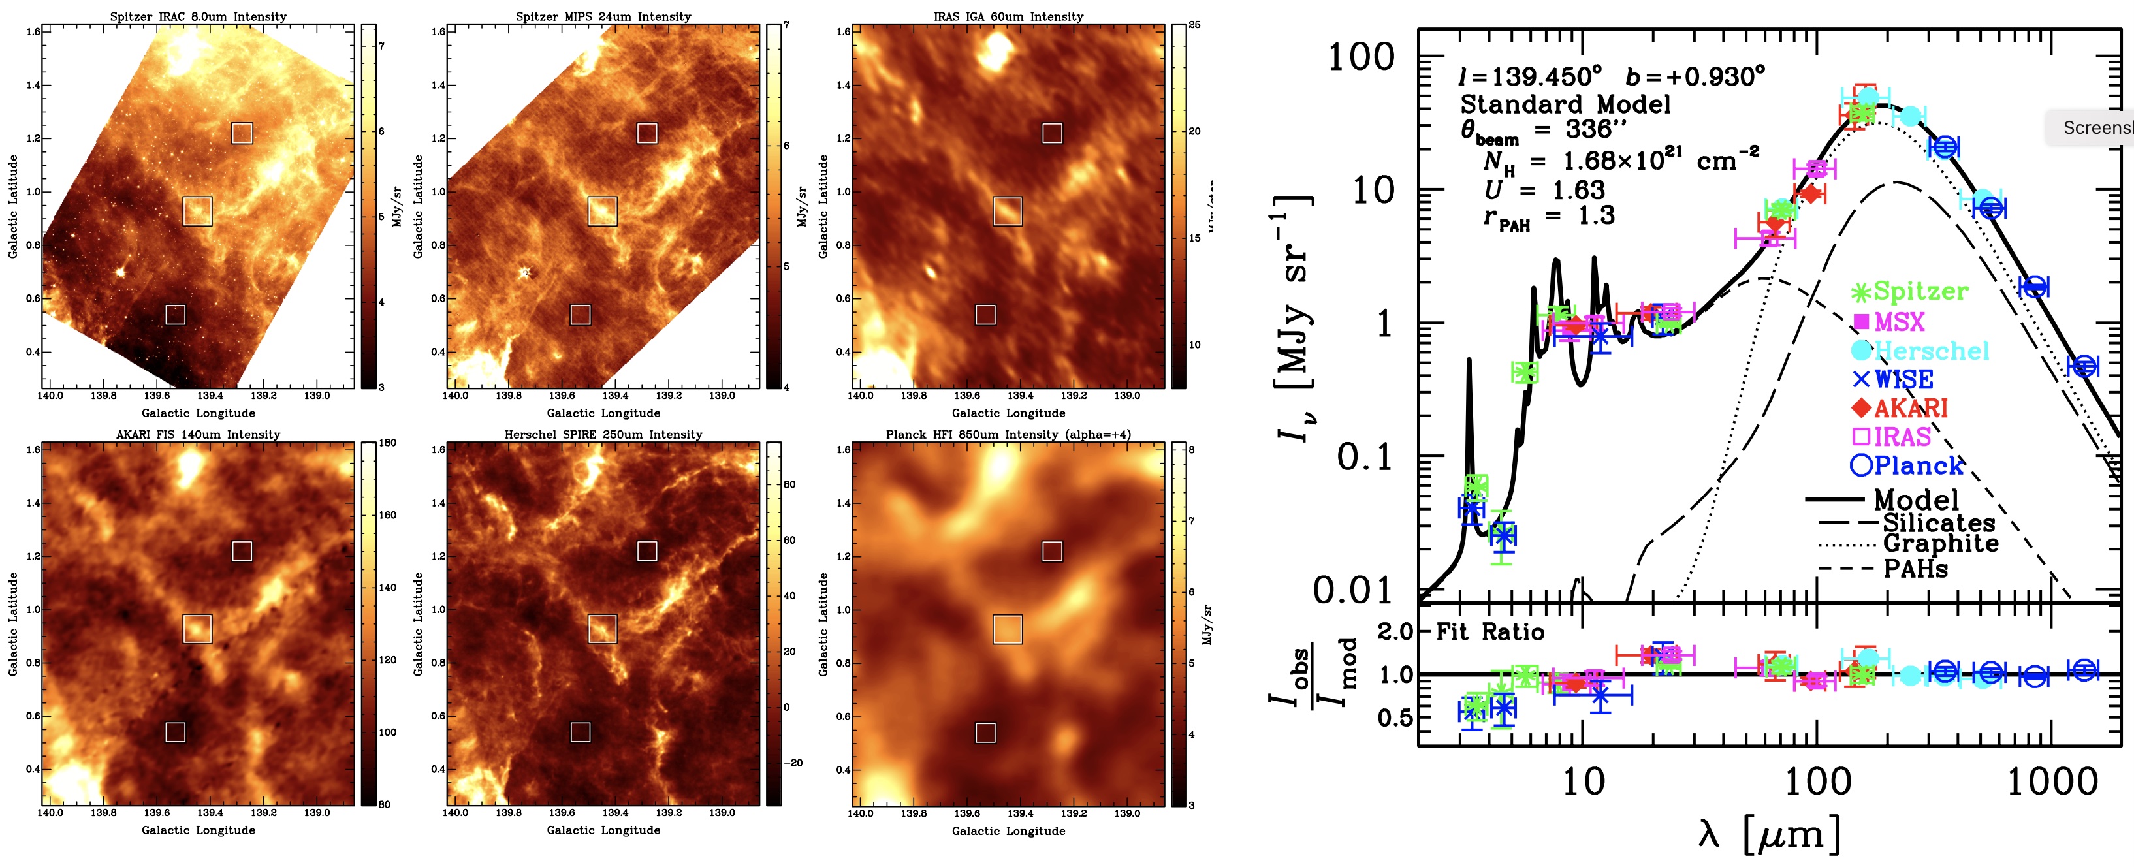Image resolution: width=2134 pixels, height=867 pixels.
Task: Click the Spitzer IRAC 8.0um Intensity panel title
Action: (198, 16)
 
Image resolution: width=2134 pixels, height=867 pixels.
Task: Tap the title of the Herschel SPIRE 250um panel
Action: (603, 434)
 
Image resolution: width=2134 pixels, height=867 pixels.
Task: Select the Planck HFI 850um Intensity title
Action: (1008, 434)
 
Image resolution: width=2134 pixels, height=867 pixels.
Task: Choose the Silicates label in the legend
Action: (1939, 522)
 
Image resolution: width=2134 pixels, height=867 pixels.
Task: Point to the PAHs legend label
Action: (1915, 569)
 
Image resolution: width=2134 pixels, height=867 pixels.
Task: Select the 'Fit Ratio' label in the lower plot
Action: (1489, 633)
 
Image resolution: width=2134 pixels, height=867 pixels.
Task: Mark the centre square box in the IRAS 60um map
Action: (1008, 211)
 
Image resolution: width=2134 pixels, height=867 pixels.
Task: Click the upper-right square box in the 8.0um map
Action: (242, 133)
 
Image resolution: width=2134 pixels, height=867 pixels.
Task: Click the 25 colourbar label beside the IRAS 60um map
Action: (1194, 25)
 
